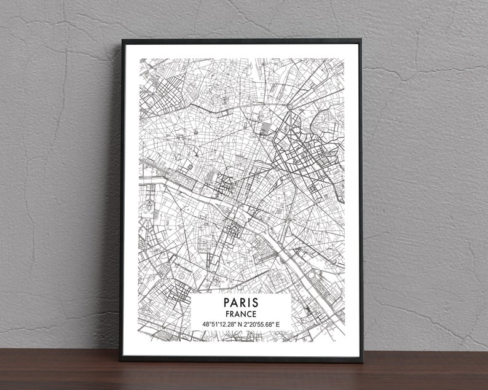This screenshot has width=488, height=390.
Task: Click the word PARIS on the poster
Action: [242, 303]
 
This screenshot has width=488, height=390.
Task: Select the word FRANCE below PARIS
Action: [242, 314]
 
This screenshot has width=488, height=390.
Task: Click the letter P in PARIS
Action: [227, 303]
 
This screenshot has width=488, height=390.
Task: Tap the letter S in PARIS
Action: [256, 303]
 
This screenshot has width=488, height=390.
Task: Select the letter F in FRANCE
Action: [228, 314]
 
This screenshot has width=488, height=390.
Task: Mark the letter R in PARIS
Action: [243, 303]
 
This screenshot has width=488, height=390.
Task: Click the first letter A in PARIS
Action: [234, 303]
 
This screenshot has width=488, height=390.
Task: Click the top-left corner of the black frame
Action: [122, 41]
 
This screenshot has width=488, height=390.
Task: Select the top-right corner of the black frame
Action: [361, 41]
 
